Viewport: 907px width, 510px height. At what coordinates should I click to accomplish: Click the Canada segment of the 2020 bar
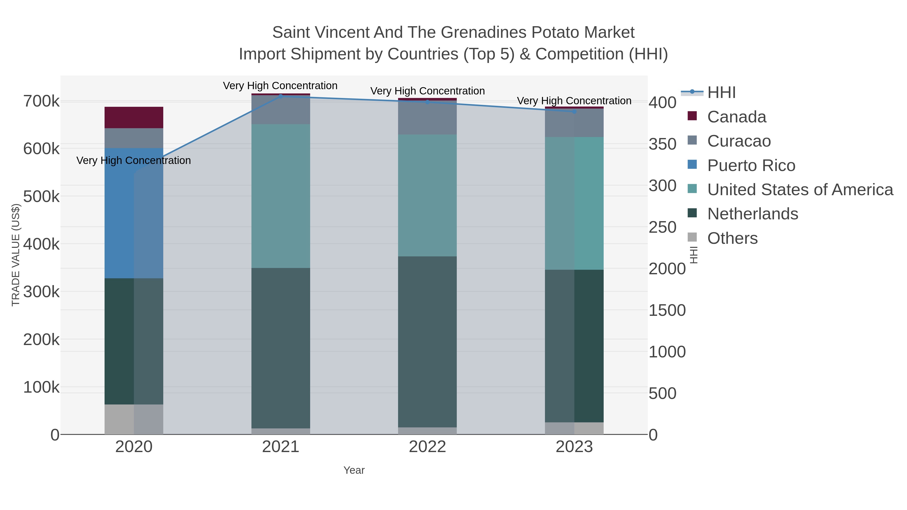pyautogui.click(x=134, y=118)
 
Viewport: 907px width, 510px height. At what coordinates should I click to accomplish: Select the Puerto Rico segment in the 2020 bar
pyautogui.click(x=134, y=213)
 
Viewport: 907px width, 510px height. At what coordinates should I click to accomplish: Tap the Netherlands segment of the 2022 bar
pyautogui.click(x=428, y=342)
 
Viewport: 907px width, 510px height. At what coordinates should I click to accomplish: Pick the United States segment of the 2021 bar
pyautogui.click(x=281, y=196)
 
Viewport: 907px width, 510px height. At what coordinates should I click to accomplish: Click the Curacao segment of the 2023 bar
pyautogui.click(x=574, y=123)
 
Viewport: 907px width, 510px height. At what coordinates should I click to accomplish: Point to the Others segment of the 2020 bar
pyautogui.click(x=134, y=420)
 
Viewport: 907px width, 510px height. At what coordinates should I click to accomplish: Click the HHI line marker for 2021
pyautogui.click(x=281, y=96)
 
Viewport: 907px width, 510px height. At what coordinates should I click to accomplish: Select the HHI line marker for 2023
pyautogui.click(x=574, y=112)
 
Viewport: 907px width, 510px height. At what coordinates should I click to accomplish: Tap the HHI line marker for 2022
pyautogui.click(x=428, y=102)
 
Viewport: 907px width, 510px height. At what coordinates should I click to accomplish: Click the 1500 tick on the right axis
pyautogui.click(x=667, y=311)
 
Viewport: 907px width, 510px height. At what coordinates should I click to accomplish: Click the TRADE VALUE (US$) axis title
pyautogui.click(x=16, y=255)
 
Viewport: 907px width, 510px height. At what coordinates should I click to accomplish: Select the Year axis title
pyautogui.click(x=354, y=470)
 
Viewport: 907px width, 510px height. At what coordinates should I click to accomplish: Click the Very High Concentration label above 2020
pyautogui.click(x=134, y=160)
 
